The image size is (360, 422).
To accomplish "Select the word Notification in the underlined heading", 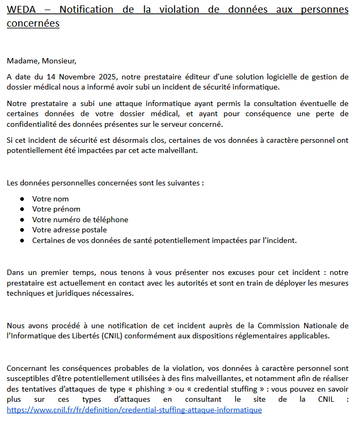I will click(x=86, y=10).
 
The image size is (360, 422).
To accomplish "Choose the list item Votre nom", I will click(x=50, y=199).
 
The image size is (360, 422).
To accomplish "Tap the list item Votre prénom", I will click(x=56, y=209).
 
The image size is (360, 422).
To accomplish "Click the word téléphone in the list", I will click(x=110, y=220).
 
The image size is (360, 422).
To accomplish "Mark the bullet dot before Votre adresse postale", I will click(x=22, y=230).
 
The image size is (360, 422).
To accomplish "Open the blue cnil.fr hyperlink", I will click(x=134, y=410).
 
